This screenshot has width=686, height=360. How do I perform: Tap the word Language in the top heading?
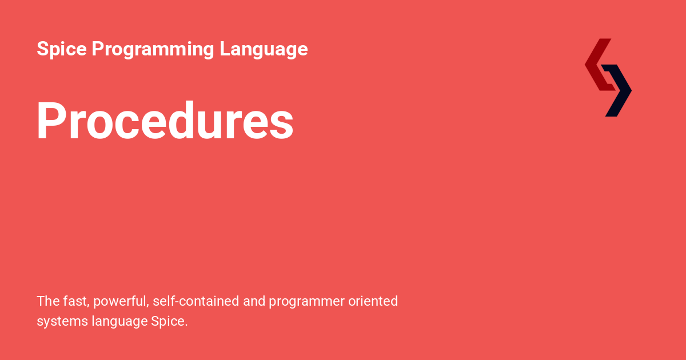264,50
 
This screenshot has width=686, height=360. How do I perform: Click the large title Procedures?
165,121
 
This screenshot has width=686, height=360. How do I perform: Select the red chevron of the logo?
597,64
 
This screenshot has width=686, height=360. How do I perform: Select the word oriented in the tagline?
373,301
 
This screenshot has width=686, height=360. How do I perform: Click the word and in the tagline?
254,301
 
